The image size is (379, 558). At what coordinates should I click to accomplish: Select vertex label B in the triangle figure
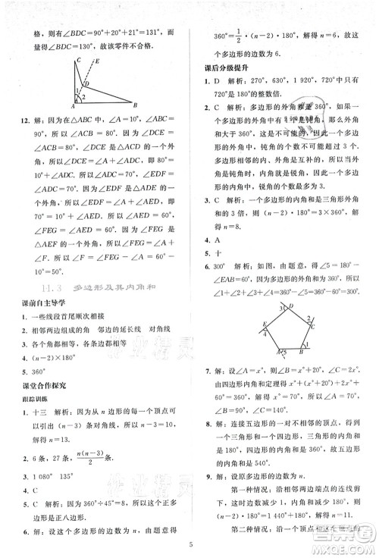135,106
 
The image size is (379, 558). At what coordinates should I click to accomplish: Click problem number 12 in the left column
25,121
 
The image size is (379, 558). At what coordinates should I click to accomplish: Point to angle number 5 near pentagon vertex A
286,352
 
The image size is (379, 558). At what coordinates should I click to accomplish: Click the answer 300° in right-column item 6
221,267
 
